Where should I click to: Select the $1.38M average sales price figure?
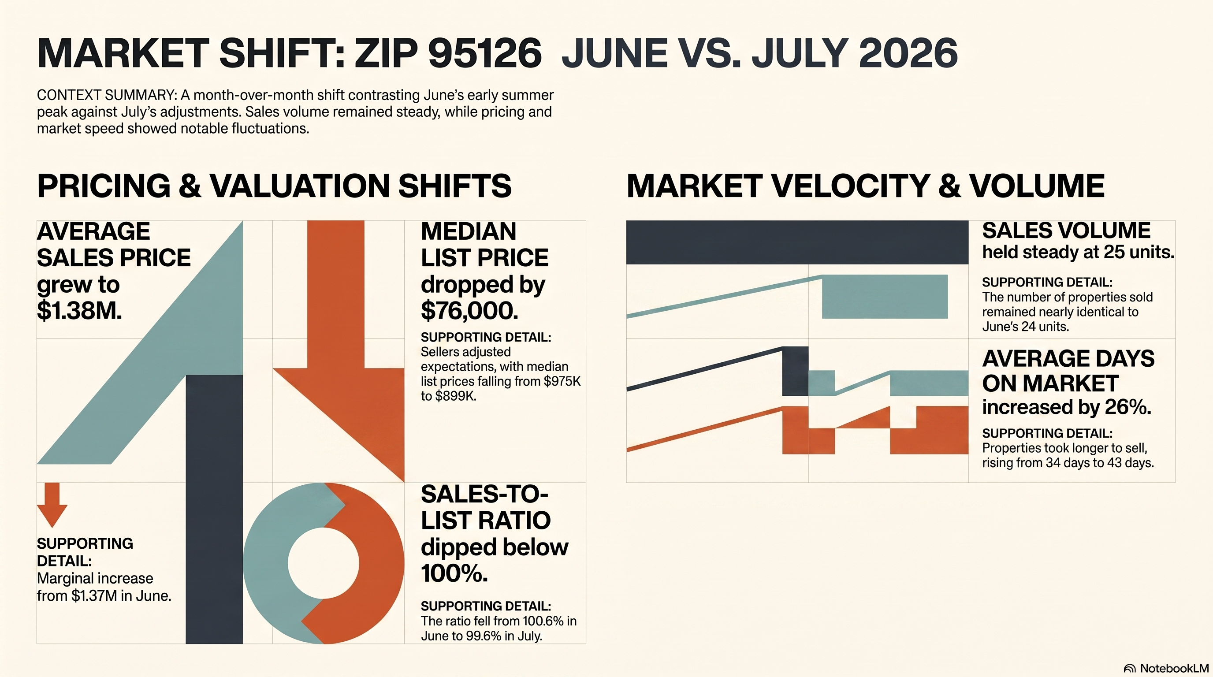[x=79, y=310]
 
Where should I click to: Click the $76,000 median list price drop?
[x=469, y=311]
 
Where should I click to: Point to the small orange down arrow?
[x=52, y=505]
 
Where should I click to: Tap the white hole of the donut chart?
[x=323, y=563]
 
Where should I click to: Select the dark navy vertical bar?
[x=214, y=509]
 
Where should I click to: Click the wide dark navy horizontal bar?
[x=797, y=242]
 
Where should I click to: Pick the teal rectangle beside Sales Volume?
[x=885, y=297]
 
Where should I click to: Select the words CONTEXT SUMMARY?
[x=106, y=95]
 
